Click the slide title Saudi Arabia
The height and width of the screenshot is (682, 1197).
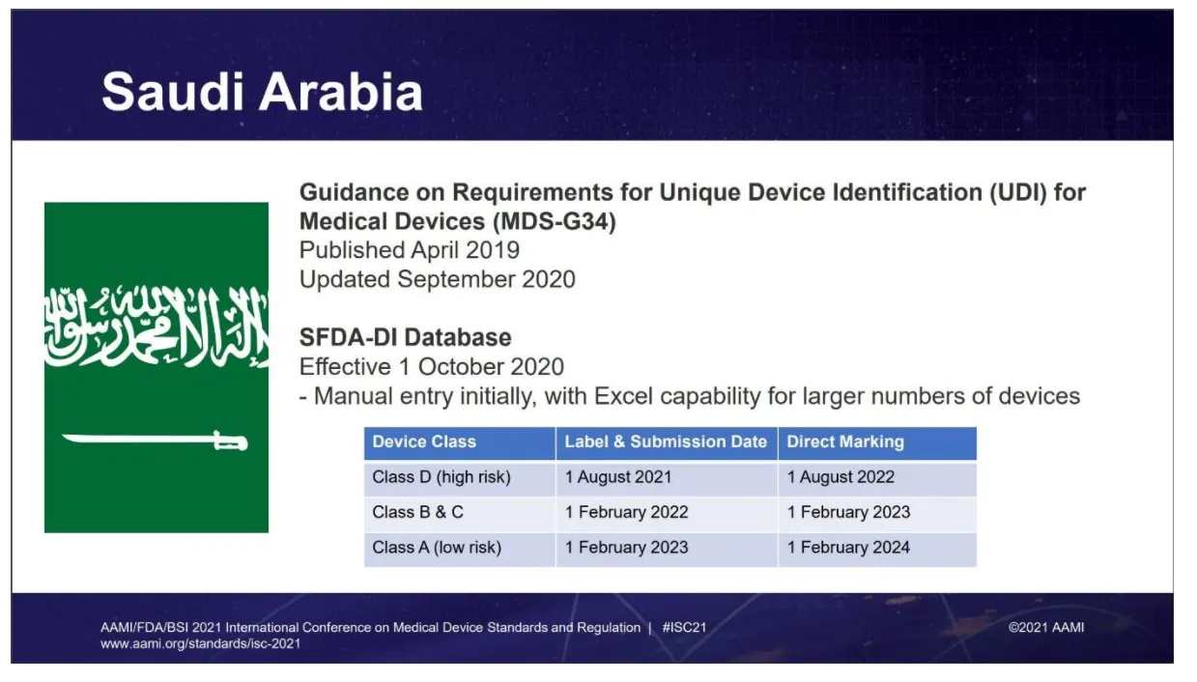pos(262,92)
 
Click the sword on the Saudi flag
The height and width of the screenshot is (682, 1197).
pos(155,441)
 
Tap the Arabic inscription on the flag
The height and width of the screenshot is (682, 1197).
pos(156,326)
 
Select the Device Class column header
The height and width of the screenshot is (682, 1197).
pos(424,442)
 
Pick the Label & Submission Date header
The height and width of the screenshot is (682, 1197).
pos(666,442)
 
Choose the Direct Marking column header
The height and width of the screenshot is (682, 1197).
pos(845,442)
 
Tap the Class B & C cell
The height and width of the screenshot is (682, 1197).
pos(417,512)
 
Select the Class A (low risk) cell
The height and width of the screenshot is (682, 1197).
pos(437,548)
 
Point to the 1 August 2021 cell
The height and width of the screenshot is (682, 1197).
pos(618,477)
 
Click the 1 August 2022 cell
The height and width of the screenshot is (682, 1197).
pos(841,477)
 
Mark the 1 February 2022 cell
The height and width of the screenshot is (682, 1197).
pos(627,512)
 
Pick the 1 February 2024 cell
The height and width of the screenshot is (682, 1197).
pos(848,548)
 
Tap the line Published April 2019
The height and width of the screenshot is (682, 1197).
pos(409,250)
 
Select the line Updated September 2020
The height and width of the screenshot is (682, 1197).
pos(437,280)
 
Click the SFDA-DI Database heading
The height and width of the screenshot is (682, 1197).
pos(405,338)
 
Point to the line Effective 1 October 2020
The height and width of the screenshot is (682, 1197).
pos(431,367)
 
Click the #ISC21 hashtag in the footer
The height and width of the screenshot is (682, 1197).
pos(684,628)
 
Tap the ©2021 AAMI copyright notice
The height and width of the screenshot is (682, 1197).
pos(1045,628)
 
